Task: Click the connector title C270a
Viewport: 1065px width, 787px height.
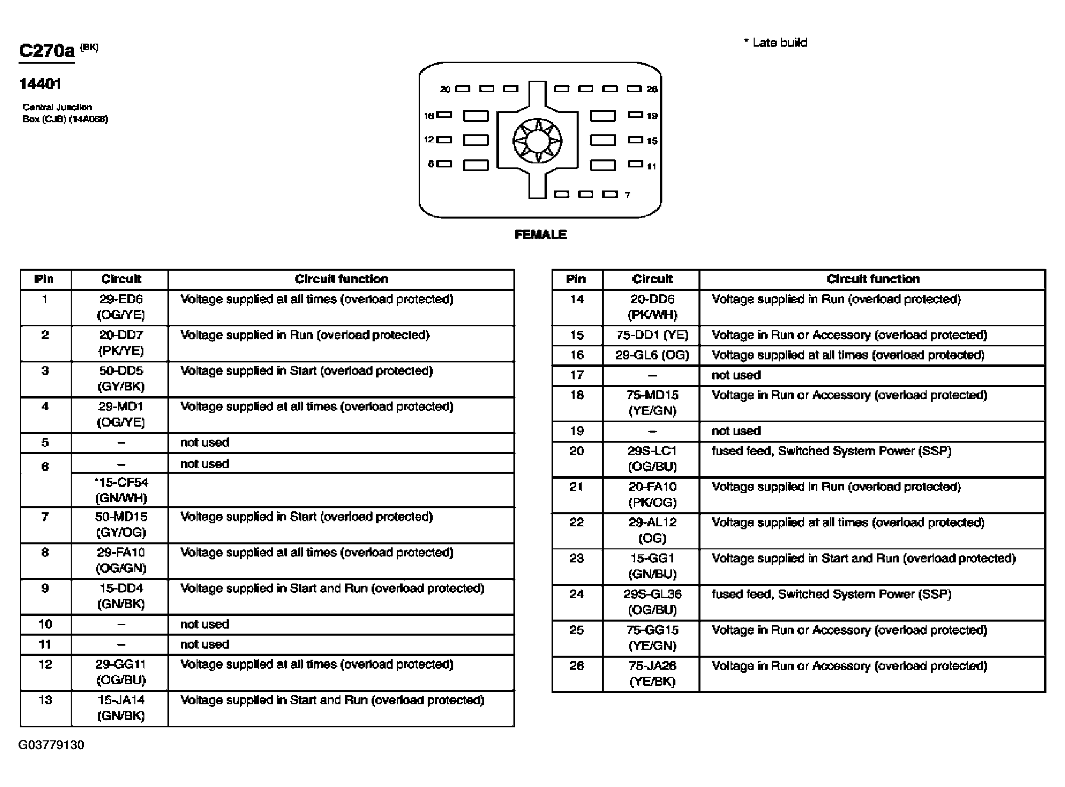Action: pos(47,51)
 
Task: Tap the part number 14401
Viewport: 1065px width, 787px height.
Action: pos(40,84)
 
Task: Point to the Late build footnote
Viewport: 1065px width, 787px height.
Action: pos(776,43)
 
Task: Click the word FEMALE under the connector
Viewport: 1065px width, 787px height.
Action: pos(541,235)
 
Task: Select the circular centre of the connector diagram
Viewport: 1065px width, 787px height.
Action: pos(537,141)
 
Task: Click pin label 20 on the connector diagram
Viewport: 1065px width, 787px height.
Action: pos(445,89)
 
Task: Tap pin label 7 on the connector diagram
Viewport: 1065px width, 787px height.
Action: pos(627,195)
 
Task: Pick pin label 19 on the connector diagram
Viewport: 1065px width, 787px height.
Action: pos(652,116)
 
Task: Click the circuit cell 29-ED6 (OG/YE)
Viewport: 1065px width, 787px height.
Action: pos(121,307)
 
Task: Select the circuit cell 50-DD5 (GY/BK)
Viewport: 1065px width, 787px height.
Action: pos(121,378)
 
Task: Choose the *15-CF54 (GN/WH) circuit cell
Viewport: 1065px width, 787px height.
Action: pos(121,490)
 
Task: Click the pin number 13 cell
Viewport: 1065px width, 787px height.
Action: pos(45,700)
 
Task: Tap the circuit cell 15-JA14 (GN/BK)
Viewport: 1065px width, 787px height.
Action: pos(121,707)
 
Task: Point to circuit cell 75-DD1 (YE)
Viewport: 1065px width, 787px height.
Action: pos(652,335)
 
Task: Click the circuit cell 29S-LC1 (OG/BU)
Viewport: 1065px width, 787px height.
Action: pos(652,459)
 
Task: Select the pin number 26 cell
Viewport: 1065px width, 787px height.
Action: pos(577,666)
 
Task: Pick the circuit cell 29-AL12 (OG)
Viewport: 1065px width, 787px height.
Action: pos(652,530)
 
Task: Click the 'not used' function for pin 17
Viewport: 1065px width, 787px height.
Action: pos(736,375)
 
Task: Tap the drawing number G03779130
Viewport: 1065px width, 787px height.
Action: pos(51,745)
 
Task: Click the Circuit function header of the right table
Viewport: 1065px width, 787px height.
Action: pos(873,279)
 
